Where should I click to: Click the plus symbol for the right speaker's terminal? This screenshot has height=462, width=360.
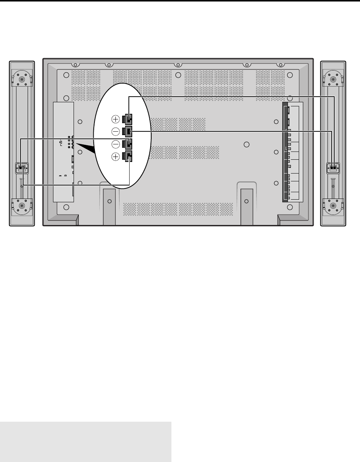pos(116,119)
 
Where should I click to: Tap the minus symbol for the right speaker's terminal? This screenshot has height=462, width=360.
pos(116,131)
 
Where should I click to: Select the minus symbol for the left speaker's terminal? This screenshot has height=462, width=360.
pos(116,144)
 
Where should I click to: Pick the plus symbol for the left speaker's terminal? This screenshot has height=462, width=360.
pos(116,157)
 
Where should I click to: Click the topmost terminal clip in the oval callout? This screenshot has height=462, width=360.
pos(128,119)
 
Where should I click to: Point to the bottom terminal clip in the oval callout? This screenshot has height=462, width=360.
pos(128,157)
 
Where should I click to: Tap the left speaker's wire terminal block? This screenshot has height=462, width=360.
pos(22,168)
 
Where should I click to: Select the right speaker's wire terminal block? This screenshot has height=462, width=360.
pos(333,168)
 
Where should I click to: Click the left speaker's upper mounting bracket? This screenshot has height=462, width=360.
pos(22,79)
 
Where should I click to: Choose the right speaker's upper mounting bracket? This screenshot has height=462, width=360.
pos(333,79)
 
